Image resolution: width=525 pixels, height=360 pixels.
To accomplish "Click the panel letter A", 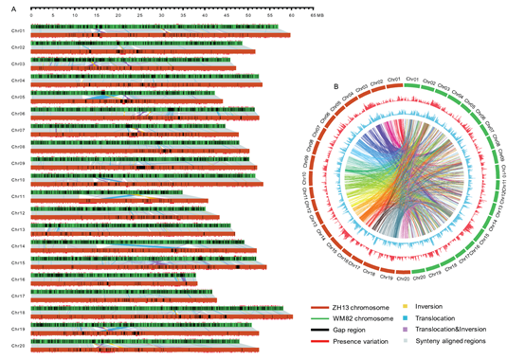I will [x=5, y=6].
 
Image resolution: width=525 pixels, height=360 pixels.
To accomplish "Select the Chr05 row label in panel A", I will [x=18, y=97].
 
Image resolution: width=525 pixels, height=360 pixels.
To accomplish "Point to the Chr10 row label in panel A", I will [x=18, y=179].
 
